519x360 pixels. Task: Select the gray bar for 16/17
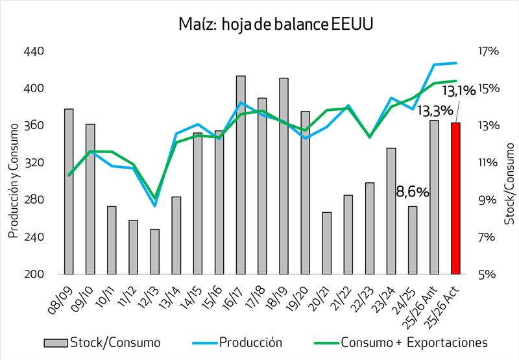click(x=241, y=175)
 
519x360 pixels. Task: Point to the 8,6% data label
click(x=413, y=192)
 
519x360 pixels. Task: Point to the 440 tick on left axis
click(x=33, y=51)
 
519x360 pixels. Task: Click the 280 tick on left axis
click(x=33, y=200)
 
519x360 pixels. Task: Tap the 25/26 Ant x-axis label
click(x=422, y=304)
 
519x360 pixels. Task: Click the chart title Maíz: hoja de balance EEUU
click(x=267, y=25)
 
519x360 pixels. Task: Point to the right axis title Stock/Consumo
click(x=510, y=188)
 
